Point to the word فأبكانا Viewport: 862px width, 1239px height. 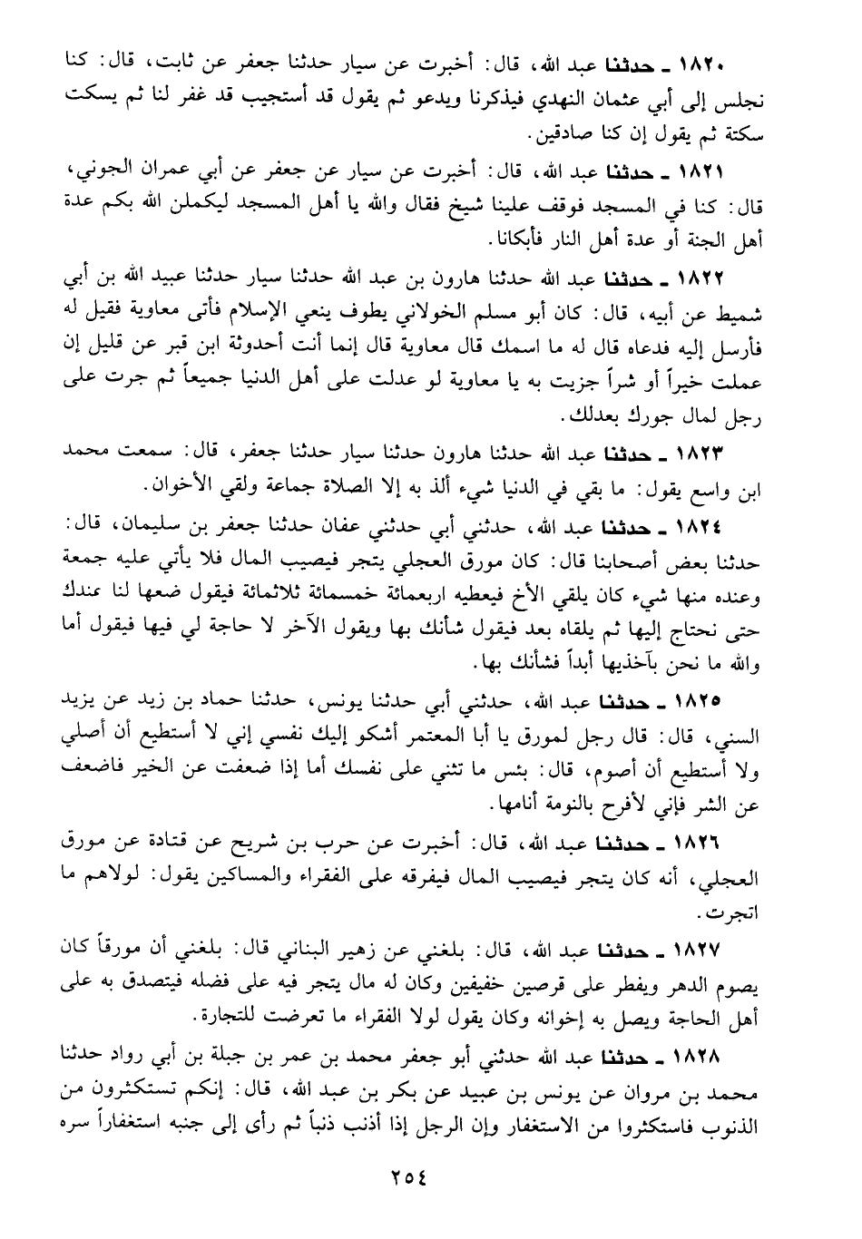[x=492, y=242]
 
